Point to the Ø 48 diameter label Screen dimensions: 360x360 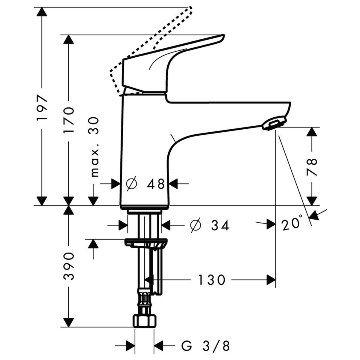(145, 184)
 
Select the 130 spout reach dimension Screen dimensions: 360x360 (211, 280)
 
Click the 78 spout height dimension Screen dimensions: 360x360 (312, 166)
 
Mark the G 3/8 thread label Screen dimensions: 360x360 (207, 345)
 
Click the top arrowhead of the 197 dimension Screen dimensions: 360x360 (42, 12)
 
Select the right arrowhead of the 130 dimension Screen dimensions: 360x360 (271, 280)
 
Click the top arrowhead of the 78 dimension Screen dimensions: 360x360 (312, 132)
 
